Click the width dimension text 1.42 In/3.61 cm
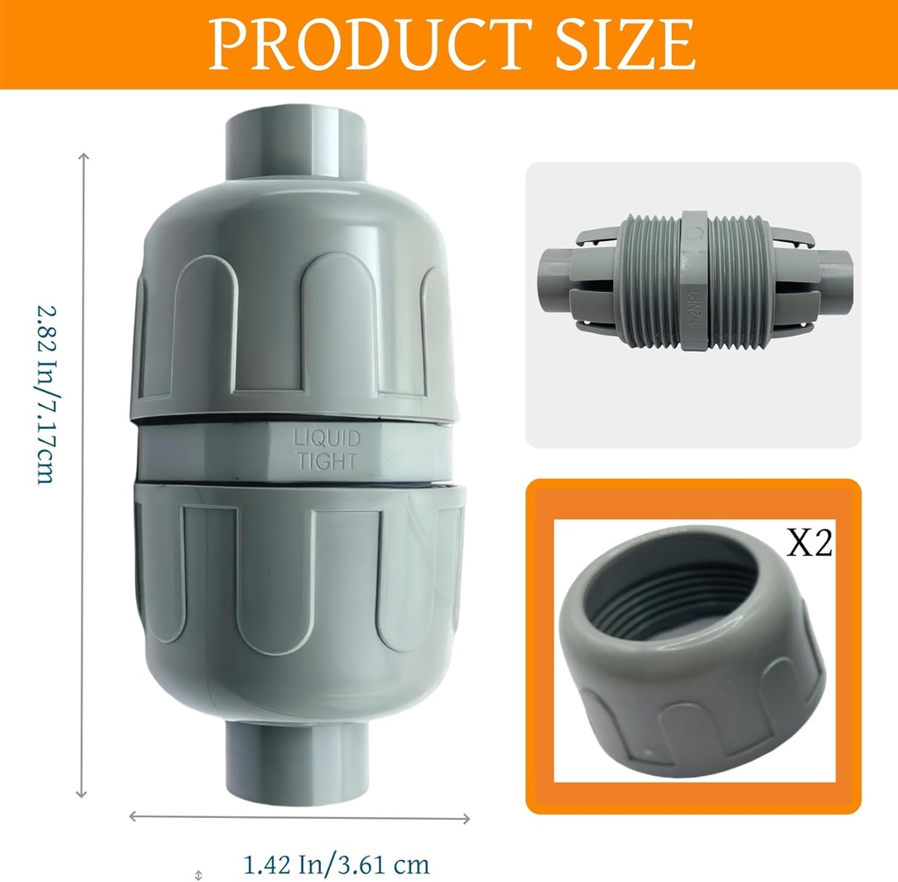(x=336, y=864)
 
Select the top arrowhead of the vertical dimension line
(x=84, y=158)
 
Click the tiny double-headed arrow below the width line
(x=199, y=873)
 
